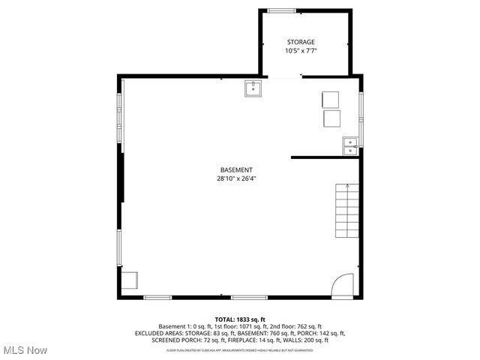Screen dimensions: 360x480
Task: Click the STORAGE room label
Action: (x=300, y=42)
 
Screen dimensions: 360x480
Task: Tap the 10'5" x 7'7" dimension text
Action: (x=300, y=51)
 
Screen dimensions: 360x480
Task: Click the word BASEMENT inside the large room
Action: (x=236, y=169)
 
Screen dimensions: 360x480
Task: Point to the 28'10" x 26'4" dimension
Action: (x=236, y=178)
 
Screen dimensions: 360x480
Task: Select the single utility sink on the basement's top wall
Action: (x=253, y=89)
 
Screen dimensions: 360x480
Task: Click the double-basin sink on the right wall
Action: (x=350, y=145)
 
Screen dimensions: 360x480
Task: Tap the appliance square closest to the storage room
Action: (x=331, y=100)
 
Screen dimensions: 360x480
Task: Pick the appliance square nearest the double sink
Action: (x=332, y=118)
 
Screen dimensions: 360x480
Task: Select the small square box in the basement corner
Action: (x=130, y=280)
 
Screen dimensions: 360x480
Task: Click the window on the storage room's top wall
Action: (x=281, y=10)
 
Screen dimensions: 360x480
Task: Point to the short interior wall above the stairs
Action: (x=325, y=157)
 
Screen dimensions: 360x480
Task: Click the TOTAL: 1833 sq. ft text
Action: (x=240, y=319)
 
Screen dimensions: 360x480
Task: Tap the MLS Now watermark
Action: (x=25, y=350)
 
